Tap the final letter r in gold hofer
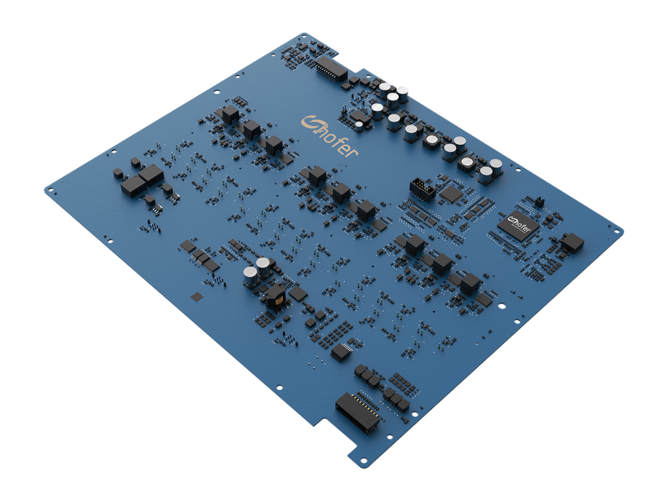coord(353,151)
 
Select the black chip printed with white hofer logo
coord(517,226)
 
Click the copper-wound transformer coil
coord(275,297)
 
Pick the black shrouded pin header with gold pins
coord(422,189)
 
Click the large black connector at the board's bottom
coord(357,412)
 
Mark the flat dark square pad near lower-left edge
coord(197,297)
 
